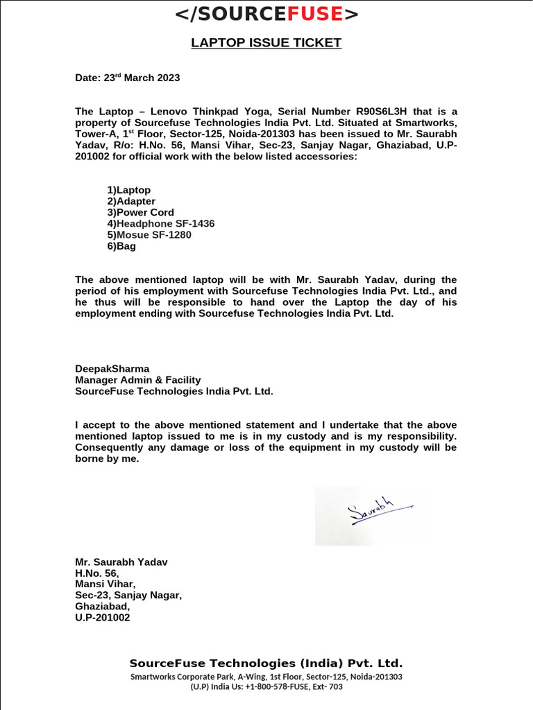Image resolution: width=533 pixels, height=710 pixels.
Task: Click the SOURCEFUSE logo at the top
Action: (266, 14)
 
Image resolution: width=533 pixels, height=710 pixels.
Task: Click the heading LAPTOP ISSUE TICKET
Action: (266, 43)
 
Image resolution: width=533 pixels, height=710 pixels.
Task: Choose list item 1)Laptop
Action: (129, 190)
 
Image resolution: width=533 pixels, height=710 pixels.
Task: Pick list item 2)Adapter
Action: (131, 201)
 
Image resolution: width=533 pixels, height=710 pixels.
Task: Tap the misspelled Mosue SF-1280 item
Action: (153, 234)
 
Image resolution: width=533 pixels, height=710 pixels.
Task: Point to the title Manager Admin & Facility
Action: (137, 380)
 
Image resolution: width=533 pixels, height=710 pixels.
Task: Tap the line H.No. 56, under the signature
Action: (97, 573)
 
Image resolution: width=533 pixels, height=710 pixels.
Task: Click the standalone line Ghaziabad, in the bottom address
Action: (102, 606)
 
